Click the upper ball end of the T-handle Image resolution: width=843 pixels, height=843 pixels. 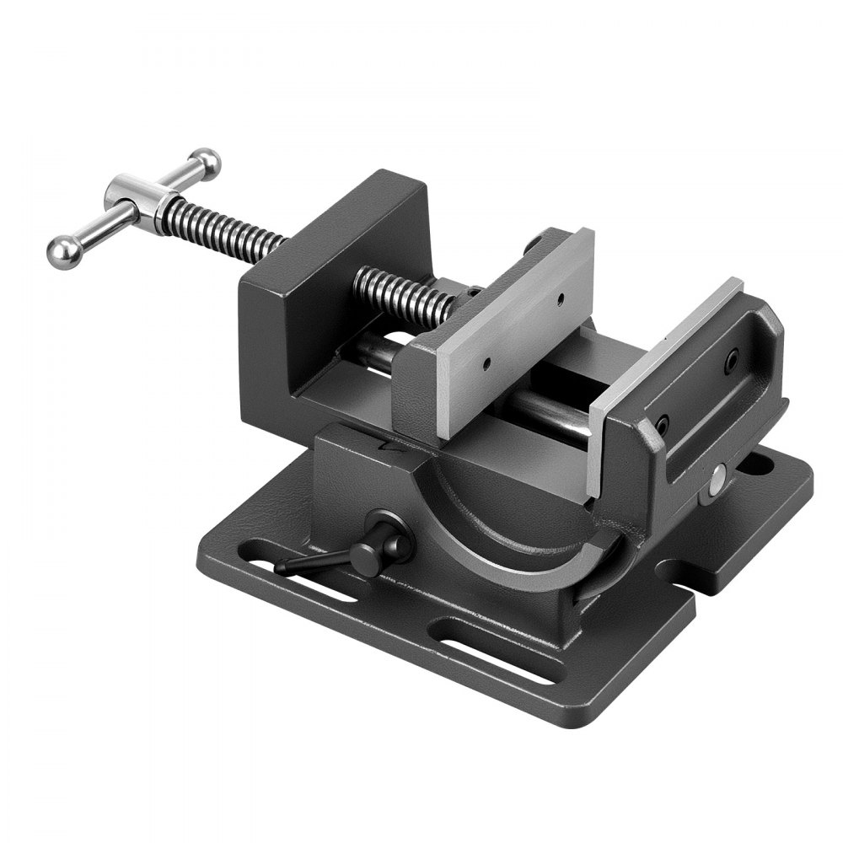pos(206,160)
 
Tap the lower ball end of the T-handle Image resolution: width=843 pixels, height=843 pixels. pos(62,252)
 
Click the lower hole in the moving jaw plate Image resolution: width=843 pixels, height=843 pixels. pos(486,365)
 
